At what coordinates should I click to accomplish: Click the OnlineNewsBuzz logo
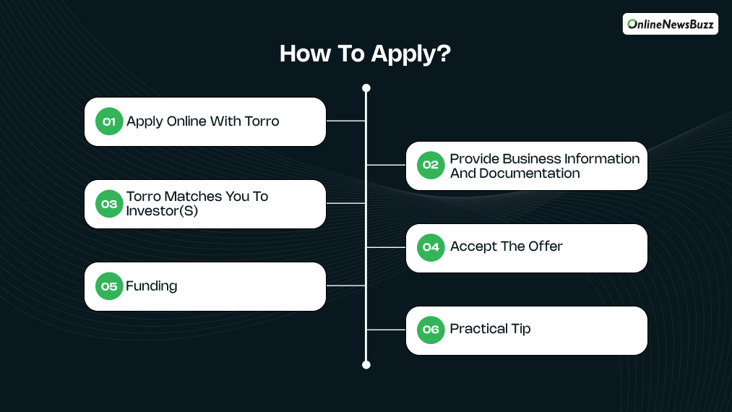[670, 24]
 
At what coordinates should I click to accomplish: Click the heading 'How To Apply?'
[366, 54]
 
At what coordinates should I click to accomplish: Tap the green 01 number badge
[109, 121]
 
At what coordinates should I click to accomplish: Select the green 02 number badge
[431, 165]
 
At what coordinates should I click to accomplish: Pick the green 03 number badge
[109, 204]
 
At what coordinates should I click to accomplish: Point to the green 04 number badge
[431, 247]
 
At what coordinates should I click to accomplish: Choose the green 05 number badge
[109, 286]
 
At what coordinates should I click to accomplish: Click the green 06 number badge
[431, 330]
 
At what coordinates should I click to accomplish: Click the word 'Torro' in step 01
[261, 121]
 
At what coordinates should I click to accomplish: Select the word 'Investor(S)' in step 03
[162, 211]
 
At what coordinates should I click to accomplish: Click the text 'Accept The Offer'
[506, 246]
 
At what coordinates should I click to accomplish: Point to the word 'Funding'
[152, 286]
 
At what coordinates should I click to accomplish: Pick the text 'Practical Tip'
[490, 329]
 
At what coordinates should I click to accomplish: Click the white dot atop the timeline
[366, 88]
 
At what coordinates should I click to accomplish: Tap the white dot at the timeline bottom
[366, 364]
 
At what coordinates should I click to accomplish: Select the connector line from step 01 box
[346, 121]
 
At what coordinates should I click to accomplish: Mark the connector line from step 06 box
[386, 330]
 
